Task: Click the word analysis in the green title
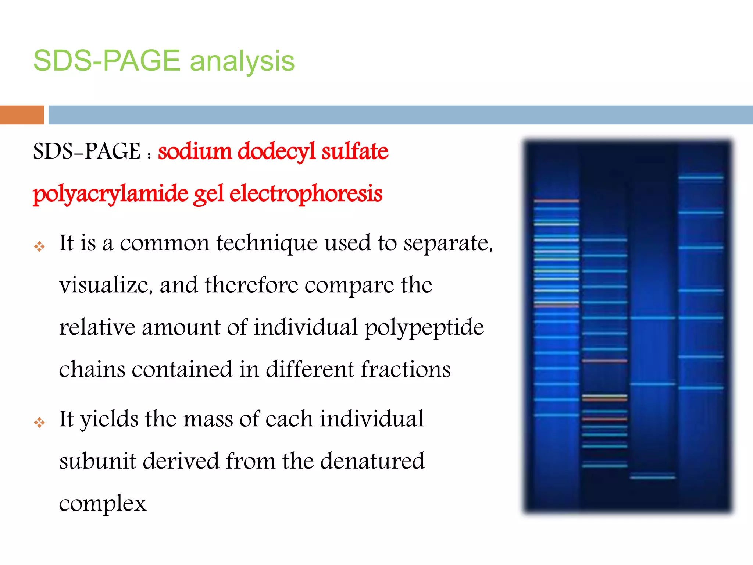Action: [x=242, y=61]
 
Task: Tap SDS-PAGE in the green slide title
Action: [x=107, y=61]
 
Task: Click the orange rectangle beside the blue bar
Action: [x=22, y=115]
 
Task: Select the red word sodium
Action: [x=194, y=151]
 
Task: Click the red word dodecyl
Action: [x=276, y=151]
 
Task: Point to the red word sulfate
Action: [x=354, y=151]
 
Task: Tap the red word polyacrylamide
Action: [x=110, y=194]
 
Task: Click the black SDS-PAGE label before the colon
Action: [x=86, y=151]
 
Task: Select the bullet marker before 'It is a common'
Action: [x=39, y=246]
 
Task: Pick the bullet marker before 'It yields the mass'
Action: [x=39, y=422]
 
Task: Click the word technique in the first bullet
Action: [x=267, y=244]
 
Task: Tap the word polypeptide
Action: [x=424, y=327]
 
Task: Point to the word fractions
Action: [x=405, y=369]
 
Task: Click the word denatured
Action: [x=372, y=461]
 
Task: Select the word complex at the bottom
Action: [x=103, y=503]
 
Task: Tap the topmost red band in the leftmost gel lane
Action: [x=556, y=201]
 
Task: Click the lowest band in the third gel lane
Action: [x=652, y=477]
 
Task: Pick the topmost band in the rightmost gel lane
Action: [x=700, y=178]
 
